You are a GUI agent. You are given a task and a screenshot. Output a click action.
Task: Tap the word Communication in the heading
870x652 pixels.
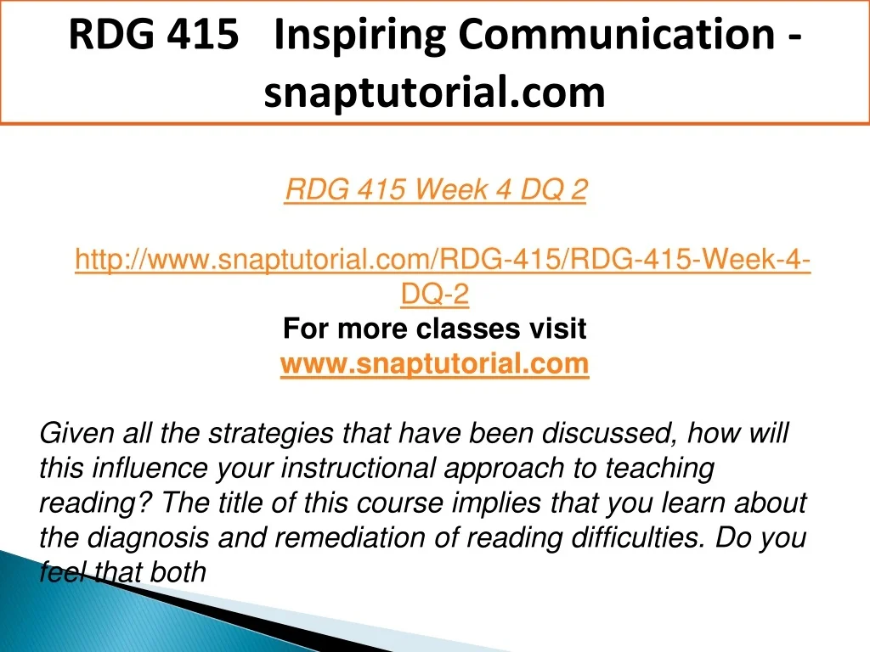click(617, 34)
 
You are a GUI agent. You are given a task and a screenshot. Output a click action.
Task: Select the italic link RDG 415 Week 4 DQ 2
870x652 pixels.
click(436, 189)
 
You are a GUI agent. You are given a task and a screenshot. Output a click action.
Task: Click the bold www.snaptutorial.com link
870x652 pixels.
click(434, 363)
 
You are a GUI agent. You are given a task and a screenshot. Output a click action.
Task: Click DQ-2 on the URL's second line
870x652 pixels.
click(435, 294)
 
